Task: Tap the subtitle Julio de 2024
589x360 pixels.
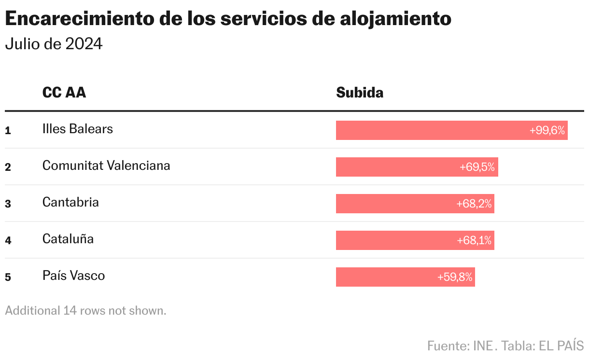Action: tap(54, 44)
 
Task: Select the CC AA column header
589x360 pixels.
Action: tap(64, 92)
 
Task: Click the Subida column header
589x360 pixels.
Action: tap(360, 92)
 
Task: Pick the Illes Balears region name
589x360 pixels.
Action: tap(78, 129)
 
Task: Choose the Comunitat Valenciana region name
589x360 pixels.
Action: tap(106, 166)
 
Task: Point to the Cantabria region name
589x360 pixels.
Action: tap(70, 202)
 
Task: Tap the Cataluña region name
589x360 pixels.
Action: tap(68, 239)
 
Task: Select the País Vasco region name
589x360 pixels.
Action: tap(73, 276)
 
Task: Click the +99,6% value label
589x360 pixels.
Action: tap(547, 130)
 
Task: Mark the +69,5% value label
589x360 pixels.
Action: tap(477, 167)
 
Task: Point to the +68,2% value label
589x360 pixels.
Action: tap(474, 204)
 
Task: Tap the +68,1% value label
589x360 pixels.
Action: tap(474, 240)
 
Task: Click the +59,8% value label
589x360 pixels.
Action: tap(454, 277)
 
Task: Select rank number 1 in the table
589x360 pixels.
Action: tap(8, 130)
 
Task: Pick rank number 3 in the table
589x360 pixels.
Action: tap(8, 204)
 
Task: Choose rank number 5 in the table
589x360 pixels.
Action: tap(8, 277)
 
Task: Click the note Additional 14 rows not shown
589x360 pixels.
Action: tap(85, 310)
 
